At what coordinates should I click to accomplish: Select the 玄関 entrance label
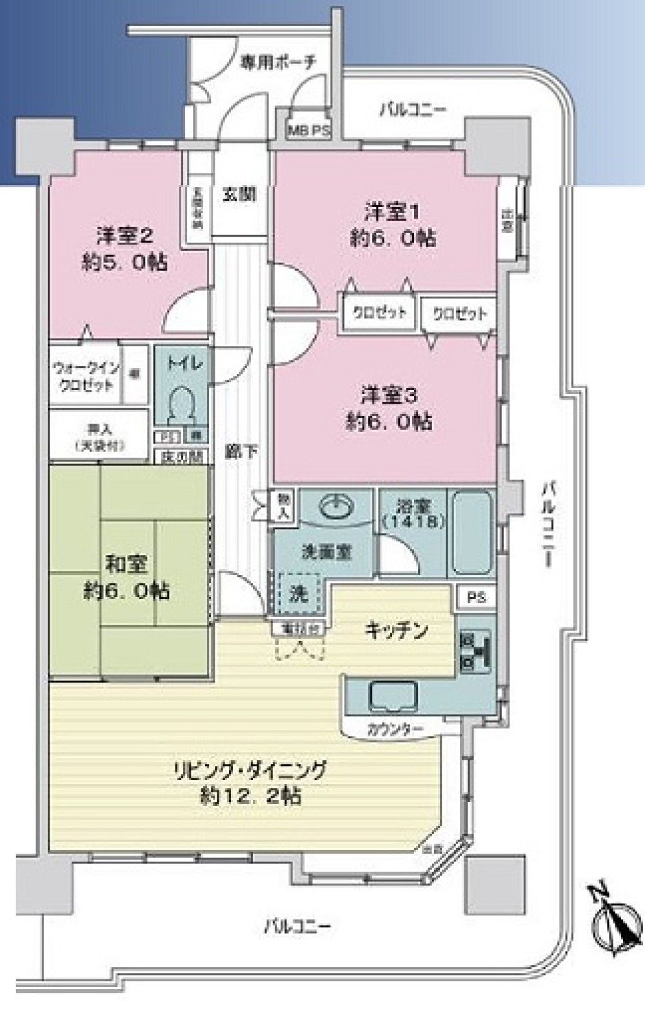pos(239,195)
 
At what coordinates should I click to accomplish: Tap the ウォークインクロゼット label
pos(86,377)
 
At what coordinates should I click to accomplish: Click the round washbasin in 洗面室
pos(335,507)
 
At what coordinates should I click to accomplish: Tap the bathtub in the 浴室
pos(473,533)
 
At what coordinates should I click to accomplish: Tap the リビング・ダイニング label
pos(250,770)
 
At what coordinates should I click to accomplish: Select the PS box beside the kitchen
pos(477,597)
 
